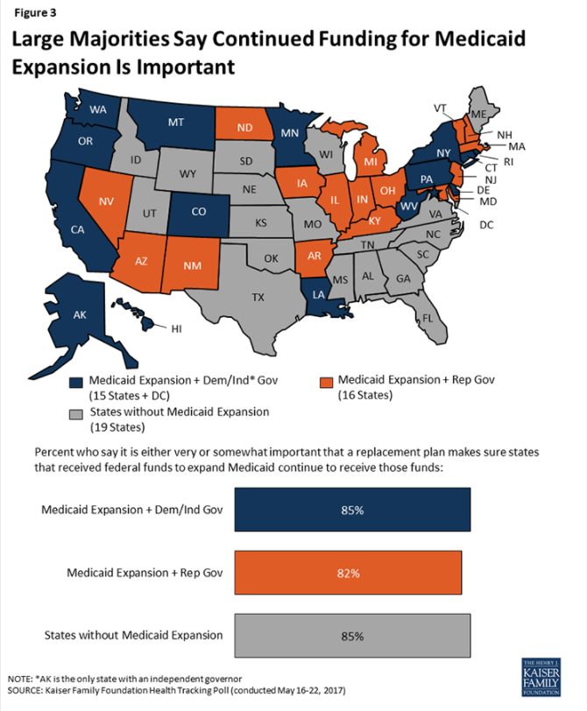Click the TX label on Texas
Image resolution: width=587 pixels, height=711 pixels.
click(258, 297)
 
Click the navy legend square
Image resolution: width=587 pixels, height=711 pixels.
click(76, 381)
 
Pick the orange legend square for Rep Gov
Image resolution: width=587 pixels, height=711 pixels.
click(325, 381)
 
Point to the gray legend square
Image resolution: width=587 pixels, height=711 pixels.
click(76, 412)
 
